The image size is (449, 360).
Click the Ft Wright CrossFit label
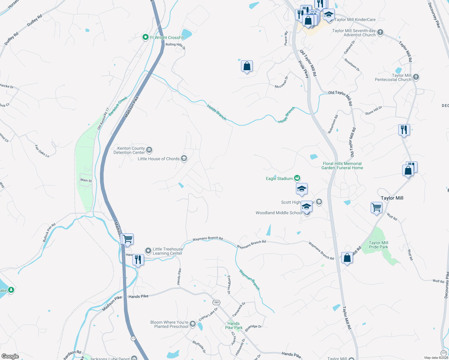tap(167, 37)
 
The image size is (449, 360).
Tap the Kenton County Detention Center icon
tap(149, 150)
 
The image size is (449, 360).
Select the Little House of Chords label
tap(158, 159)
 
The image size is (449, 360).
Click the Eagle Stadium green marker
tap(297, 178)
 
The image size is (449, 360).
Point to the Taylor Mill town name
tap(392, 198)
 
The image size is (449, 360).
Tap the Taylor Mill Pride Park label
tap(378, 245)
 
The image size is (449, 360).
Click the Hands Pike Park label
tap(234, 325)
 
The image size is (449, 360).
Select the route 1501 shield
tap(216, 302)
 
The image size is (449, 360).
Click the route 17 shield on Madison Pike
tap(133, 338)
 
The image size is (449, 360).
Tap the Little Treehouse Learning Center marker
tap(148, 251)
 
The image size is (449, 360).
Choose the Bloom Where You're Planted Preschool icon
tap(193, 324)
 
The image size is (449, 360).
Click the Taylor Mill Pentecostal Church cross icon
tap(416, 77)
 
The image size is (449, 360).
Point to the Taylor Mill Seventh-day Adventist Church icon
tap(380, 32)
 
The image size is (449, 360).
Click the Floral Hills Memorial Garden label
tap(342, 166)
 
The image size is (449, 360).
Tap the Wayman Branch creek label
tap(249, 280)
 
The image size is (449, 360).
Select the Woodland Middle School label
tap(279, 213)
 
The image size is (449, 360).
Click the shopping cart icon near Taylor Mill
tap(376, 207)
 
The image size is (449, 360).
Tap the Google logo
tap(10, 356)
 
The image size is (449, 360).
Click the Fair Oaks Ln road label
tap(42, 151)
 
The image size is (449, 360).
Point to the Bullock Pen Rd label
tap(49, 232)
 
